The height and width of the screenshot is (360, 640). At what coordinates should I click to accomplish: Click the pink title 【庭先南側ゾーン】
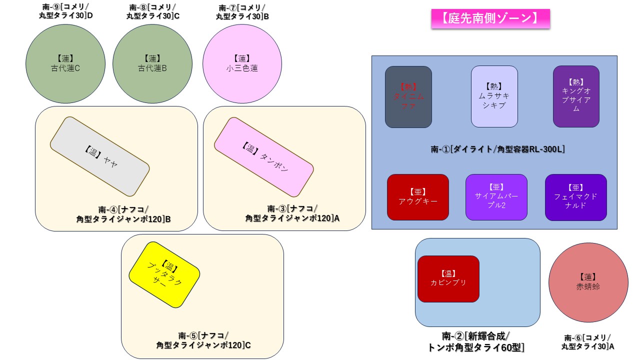tap(490, 18)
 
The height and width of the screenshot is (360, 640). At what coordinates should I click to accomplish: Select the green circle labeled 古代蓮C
tap(65, 63)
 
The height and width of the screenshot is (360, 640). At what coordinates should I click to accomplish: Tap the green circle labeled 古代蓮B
tap(152, 63)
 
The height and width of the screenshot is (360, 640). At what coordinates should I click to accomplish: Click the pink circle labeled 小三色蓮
tap(242, 63)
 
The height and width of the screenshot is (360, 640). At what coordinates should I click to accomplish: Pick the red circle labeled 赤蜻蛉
tap(588, 282)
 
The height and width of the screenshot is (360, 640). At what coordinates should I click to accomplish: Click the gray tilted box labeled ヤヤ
tap(99, 156)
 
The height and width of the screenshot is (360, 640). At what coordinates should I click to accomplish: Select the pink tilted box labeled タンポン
tap(263, 157)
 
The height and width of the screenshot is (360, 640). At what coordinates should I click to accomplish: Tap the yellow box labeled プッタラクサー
tap(164, 275)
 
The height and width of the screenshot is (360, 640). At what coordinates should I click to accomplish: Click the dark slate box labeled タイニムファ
tap(408, 96)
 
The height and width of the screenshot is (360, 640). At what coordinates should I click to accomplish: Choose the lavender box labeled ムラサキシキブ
tap(494, 96)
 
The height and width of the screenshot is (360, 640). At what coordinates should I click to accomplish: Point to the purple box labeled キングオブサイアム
tap(576, 96)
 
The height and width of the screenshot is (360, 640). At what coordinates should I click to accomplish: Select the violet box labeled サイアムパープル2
tap(496, 197)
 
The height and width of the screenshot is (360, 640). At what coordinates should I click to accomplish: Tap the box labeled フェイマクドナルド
tap(575, 197)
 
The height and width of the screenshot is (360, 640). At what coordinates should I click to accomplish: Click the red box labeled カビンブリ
tap(448, 278)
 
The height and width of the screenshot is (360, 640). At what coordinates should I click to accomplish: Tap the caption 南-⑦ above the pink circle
tap(242, 12)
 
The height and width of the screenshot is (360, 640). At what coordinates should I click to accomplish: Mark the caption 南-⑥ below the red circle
tap(588, 342)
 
